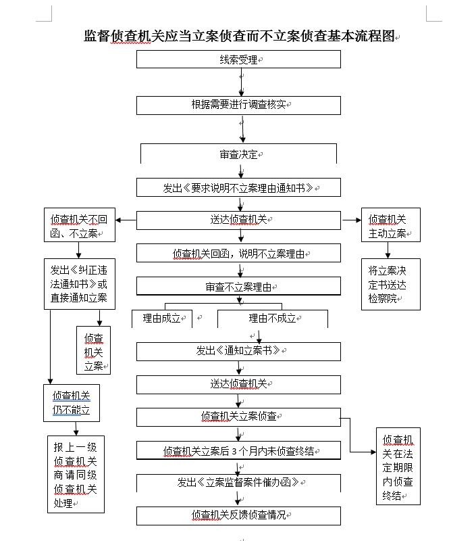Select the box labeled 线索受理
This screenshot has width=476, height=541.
pyautogui.click(x=238, y=60)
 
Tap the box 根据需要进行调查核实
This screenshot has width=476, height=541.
pyautogui.click(x=238, y=105)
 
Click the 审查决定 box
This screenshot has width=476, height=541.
pyautogui.click(x=238, y=154)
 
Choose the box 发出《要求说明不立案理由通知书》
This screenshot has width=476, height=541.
pyautogui.click(x=238, y=188)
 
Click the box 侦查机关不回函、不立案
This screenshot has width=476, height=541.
pyautogui.click(x=79, y=226)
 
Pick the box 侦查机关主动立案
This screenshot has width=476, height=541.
pyautogui.click(x=390, y=226)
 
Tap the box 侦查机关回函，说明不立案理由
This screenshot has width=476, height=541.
pyautogui.click(x=238, y=254)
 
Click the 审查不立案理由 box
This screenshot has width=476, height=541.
pyautogui.click(x=238, y=287)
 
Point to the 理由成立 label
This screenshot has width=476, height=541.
pyautogui.click(x=162, y=319)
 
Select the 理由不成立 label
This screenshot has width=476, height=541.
pyautogui.click(x=272, y=319)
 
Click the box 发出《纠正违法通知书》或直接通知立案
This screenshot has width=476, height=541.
pyautogui.click(x=79, y=284)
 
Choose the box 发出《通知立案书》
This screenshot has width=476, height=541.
pyautogui.click(x=238, y=351)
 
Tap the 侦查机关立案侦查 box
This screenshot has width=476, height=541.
pyautogui.click(x=238, y=417)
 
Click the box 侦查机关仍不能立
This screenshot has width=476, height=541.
pyautogui.click(x=72, y=403)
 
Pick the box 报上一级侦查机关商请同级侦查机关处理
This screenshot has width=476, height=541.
pyautogui.click(x=76, y=475)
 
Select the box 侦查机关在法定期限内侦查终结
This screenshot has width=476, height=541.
pyautogui.click(x=398, y=467)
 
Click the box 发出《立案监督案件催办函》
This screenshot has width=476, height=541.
pyautogui.click(x=238, y=483)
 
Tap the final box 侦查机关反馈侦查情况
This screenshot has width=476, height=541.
pyautogui.click(x=238, y=515)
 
